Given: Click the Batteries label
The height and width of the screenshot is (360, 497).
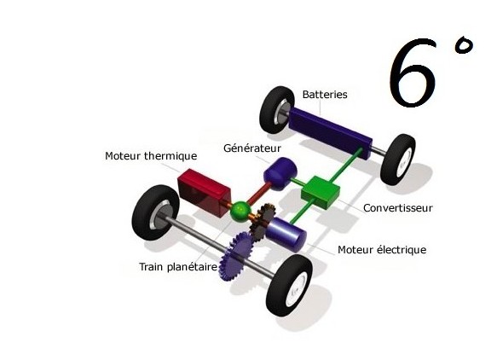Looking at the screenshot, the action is tap(325, 95).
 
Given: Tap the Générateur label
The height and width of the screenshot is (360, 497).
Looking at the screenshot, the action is tap(252, 148).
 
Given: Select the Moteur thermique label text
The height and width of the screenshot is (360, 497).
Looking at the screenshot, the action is tap(151, 156).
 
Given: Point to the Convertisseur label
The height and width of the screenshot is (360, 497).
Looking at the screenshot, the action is tap(398, 208).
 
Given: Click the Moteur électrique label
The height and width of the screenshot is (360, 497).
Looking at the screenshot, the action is tap(382, 250).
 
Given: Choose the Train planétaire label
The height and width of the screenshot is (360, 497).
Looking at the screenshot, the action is tap(178, 267).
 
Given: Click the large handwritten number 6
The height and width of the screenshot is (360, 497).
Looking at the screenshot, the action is tap(413, 73).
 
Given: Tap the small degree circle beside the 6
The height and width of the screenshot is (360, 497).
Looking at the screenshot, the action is tap(464, 46).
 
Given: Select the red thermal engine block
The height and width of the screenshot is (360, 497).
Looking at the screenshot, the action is tap(204, 192).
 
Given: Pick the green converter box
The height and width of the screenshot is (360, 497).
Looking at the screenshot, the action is tap(321, 192).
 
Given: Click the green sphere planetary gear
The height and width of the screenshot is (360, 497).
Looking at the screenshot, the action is tap(240, 212).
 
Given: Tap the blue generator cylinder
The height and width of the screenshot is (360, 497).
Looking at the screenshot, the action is tap(280, 174).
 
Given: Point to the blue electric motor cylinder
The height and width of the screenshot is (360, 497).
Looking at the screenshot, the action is tap(286, 234).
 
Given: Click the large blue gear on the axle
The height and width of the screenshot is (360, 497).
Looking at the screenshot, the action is tap(237, 256).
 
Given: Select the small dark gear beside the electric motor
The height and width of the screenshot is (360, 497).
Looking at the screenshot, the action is tap(263, 221).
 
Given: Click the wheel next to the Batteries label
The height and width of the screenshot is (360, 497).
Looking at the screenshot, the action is tap(277, 110).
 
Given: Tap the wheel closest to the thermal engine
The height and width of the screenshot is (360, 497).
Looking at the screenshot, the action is tap(155, 212).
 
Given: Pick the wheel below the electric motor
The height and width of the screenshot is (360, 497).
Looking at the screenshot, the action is tap(289, 286).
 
